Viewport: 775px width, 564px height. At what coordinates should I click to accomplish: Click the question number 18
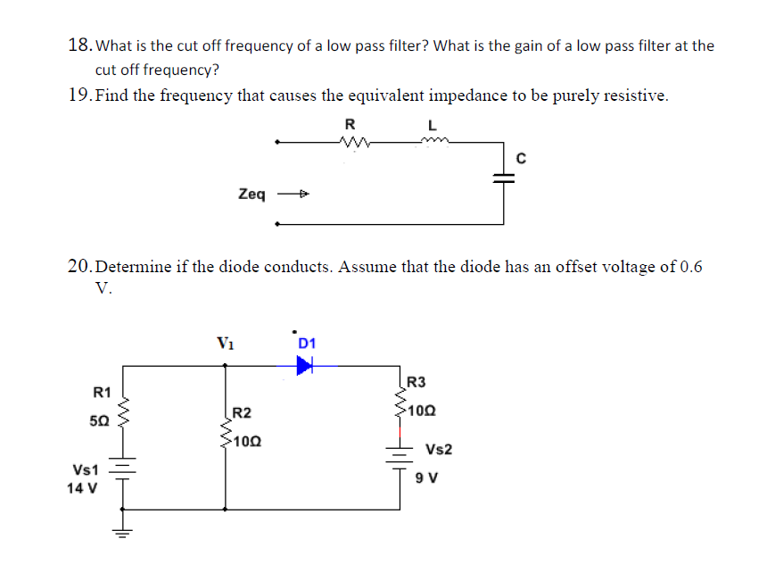point(79,45)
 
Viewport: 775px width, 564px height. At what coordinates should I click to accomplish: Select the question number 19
point(79,95)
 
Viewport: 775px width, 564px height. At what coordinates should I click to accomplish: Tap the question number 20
point(79,266)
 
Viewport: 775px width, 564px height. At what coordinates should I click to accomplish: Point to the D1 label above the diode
point(308,343)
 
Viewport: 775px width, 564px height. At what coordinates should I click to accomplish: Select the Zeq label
point(251,194)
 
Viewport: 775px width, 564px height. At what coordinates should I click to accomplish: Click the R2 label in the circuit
point(241,413)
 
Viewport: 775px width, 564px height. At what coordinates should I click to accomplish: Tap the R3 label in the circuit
point(416,383)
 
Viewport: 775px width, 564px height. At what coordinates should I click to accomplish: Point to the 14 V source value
point(84,489)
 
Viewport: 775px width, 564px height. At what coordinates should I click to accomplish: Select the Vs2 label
point(439,449)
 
